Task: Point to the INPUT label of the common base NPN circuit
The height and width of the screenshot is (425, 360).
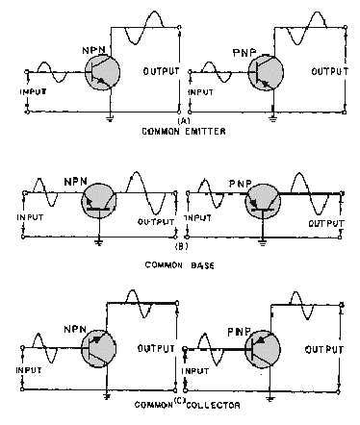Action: pos(34,216)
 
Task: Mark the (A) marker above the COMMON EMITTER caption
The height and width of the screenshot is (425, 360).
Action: pos(180,120)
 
